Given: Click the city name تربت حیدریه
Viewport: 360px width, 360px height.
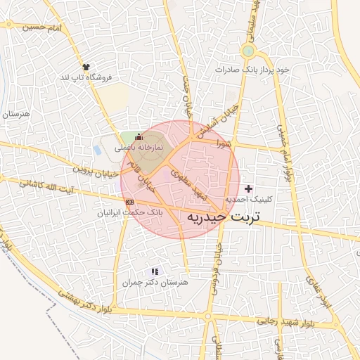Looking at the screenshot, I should point(223,217).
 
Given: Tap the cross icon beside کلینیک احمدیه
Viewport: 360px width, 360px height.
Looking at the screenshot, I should point(248,188).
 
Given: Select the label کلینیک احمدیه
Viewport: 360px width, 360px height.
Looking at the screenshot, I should point(248,200).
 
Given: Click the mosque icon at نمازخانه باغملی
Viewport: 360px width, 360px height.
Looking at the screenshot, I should point(139,136).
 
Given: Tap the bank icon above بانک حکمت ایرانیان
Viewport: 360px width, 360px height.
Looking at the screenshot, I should point(129,202).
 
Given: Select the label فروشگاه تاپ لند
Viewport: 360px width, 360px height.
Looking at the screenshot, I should point(87,77).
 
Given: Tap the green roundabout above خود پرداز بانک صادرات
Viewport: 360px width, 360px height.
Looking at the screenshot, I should point(247,52).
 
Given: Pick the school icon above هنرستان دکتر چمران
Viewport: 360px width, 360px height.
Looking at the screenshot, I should point(155,271).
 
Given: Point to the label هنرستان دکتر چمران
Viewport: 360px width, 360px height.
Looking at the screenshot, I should point(156,282).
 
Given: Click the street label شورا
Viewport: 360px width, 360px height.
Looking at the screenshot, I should point(224,143).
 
